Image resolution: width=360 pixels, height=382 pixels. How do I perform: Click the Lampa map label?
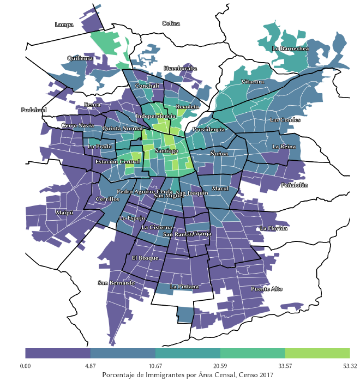coord(64,25)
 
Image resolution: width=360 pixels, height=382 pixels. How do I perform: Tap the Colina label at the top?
coord(171,23)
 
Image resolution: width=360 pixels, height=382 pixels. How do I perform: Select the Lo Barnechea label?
coord(290,48)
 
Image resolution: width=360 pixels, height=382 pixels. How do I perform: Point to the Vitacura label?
coord(253,82)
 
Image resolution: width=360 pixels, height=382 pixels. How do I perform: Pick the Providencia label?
coord(208,130)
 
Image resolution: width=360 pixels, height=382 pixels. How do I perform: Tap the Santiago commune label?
coord(165,150)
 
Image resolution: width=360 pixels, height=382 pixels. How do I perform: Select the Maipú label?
coord(64,212)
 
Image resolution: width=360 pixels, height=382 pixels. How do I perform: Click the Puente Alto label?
coord(267,289)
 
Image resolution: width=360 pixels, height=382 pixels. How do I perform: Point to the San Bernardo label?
coord(116,283)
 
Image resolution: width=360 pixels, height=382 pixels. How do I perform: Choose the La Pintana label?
coord(184,286)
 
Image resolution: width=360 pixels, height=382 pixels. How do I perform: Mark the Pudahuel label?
coord(34,110)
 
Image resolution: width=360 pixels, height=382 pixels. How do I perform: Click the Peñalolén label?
coord(295,185)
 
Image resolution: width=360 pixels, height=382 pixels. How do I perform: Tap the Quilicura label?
coord(80,58)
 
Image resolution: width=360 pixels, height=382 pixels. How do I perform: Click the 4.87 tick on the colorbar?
coord(91,365)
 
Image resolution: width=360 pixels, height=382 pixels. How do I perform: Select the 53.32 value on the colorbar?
coord(349,365)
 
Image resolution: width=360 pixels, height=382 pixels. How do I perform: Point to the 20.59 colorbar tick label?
coord(220,365)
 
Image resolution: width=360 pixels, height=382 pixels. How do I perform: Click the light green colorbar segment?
coord(317,353)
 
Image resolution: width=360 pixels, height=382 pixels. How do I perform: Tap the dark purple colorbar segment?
coord(58,353)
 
